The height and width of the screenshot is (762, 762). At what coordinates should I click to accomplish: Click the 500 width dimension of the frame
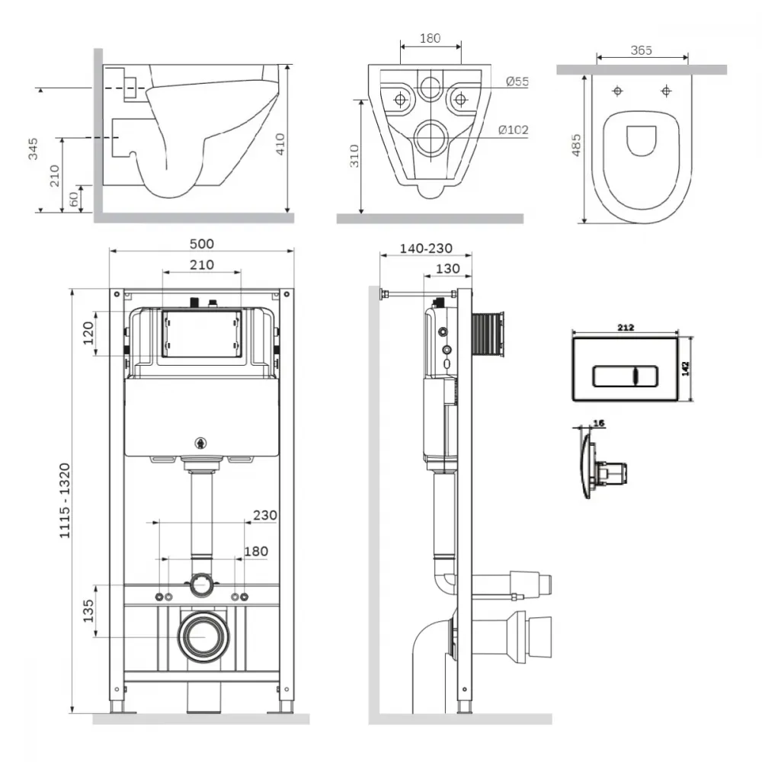tap(202, 244)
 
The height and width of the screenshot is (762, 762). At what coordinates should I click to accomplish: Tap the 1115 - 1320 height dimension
tap(65, 501)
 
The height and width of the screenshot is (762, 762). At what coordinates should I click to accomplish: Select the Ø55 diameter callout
tap(517, 82)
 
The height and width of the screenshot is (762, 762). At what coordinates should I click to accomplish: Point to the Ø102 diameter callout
tap(513, 130)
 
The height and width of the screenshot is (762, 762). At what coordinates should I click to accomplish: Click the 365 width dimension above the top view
tap(642, 50)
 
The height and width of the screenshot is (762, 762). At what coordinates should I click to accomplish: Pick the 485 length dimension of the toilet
tap(576, 146)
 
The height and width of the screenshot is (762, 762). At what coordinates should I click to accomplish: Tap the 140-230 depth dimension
tap(426, 248)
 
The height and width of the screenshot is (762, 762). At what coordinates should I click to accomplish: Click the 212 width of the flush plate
tap(626, 328)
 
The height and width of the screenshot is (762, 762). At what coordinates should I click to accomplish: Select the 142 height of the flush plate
tap(685, 368)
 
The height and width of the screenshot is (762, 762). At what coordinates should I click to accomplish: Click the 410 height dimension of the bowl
tap(280, 144)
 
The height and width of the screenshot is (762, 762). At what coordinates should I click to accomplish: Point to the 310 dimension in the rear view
tap(354, 156)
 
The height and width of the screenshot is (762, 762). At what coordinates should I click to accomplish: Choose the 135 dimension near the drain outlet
tap(88, 611)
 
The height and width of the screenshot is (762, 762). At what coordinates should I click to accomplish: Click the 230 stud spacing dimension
tap(265, 514)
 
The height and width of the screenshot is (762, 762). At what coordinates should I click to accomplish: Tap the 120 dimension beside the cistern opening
tap(88, 333)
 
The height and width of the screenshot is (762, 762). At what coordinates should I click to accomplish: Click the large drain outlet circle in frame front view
tap(203, 637)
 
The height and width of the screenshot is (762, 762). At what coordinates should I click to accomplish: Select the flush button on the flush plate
tap(626, 376)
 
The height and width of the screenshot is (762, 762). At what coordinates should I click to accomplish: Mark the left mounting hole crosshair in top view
tap(617, 91)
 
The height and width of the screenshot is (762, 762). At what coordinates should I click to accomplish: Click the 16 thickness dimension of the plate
tap(599, 423)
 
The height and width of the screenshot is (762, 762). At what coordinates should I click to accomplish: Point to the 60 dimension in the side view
tap(74, 199)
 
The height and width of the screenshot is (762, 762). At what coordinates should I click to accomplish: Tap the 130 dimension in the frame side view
tap(448, 269)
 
